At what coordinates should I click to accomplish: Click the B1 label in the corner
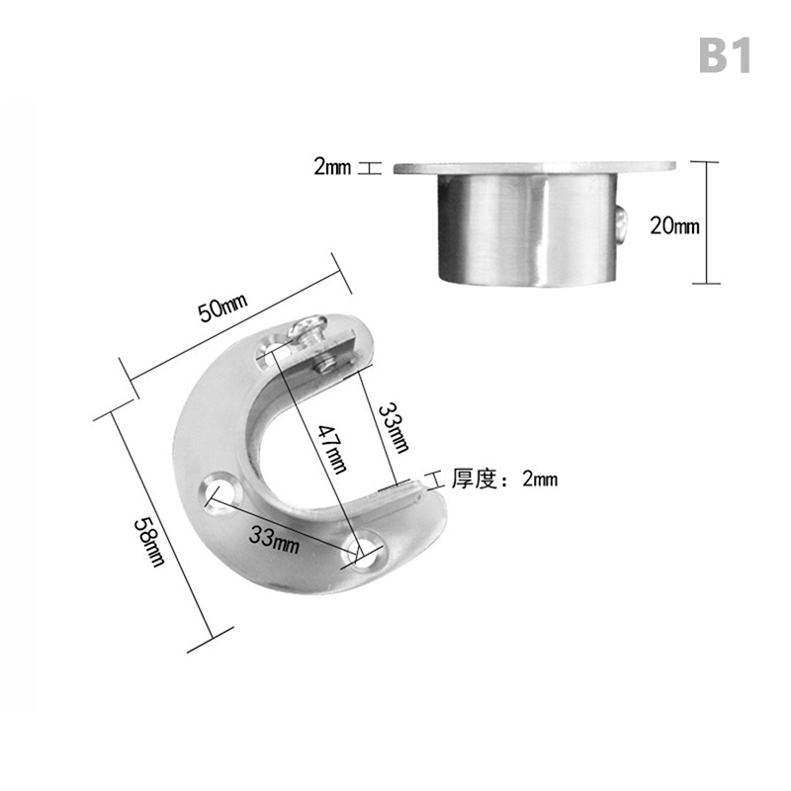tap(725, 56)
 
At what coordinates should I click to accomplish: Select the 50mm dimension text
tap(222, 308)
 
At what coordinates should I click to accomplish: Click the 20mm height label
tap(674, 225)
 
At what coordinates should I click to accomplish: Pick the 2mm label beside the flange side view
tap(332, 166)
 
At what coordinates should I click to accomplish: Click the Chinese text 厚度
tap(475, 479)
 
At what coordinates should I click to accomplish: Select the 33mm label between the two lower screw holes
tap(274, 539)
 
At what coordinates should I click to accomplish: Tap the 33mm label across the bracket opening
tap(394, 427)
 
